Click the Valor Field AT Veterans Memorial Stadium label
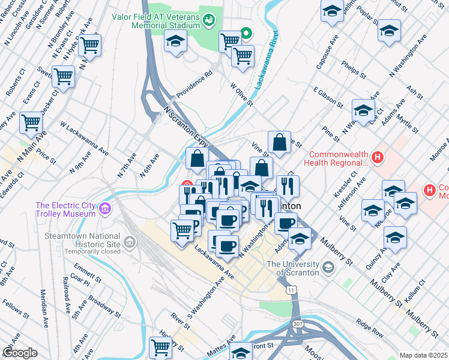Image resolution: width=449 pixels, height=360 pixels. coord(155,20)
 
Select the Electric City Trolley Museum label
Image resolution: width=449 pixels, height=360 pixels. coord(65,209)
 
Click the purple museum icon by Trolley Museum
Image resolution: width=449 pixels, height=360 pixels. coord(106,209)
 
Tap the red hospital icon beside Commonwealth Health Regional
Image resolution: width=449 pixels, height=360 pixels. coord(377,158)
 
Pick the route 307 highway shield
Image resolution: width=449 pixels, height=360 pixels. coord(298,325)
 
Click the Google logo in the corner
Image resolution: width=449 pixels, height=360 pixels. coord(20,353)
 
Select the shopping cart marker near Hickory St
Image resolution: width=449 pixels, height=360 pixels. coord(160,347)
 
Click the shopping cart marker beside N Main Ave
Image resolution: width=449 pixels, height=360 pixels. coord(31,122)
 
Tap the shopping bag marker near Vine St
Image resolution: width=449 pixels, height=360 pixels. coord(279,143)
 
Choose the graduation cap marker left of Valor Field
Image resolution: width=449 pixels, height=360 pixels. coord(175,41)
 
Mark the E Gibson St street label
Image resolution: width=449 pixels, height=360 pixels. coord(327,96)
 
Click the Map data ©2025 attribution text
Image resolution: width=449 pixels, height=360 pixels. coord(423,355)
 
